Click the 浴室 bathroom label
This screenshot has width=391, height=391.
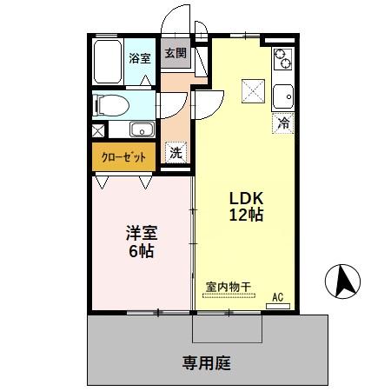pyautogui.click(x=139, y=58)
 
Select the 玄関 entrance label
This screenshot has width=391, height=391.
pyautogui.click(x=175, y=53)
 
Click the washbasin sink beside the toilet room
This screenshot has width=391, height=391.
pyautogui.click(x=142, y=130)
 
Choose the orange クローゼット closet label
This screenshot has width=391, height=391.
pyautogui.click(x=124, y=157)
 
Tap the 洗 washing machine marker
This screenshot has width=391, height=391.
pyautogui.click(x=176, y=152)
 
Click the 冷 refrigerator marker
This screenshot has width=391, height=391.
pyautogui.click(x=283, y=123)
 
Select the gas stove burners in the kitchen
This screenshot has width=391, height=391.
pyautogui.click(x=284, y=59)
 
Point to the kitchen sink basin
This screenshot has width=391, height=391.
pyautogui.click(x=284, y=94)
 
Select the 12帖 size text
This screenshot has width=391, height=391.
pyautogui.click(x=246, y=215)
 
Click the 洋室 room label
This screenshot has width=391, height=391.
pyautogui.click(x=140, y=233)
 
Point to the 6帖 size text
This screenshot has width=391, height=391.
pyautogui.click(x=140, y=252)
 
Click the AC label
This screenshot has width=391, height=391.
pyautogui.click(x=279, y=296)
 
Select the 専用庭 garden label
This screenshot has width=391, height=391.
pyautogui.click(x=207, y=362)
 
